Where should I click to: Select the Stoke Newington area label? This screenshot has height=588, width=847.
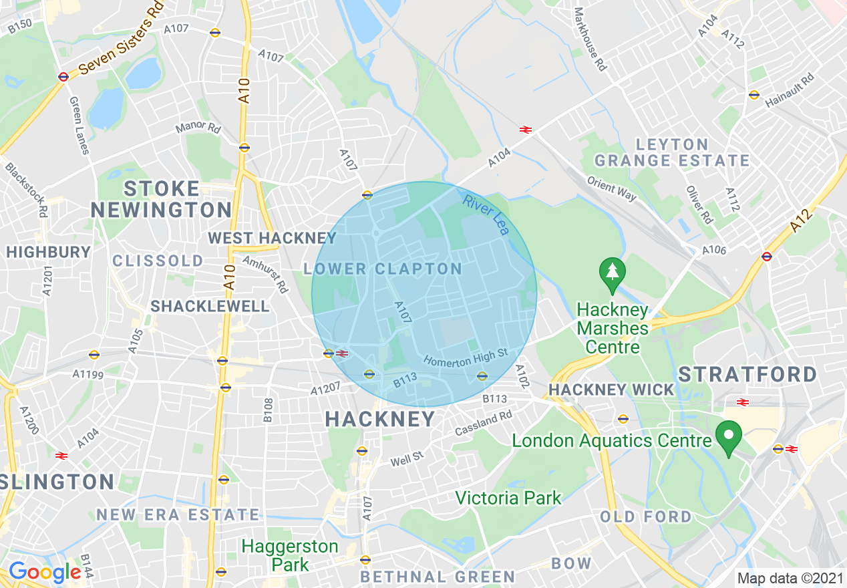[x=161, y=199]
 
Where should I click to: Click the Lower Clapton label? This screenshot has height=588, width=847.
[x=382, y=269]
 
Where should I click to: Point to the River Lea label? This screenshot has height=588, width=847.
[x=485, y=214]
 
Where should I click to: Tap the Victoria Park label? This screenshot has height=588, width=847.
[x=508, y=498]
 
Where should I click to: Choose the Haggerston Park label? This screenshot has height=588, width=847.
[x=290, y=555]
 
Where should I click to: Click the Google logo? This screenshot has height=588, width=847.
[x=45, y=572]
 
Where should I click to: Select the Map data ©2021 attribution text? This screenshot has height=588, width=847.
[x=790, y=577]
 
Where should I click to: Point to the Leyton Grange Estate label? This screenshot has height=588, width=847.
[x=672, y=152]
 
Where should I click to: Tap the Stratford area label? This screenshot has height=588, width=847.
[x=747, y=374]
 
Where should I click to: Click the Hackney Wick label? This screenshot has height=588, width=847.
[x=611, y=390]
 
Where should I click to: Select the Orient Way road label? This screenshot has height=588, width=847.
[x=611, y=188]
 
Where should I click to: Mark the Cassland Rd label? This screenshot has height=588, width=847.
[x=483, y=424]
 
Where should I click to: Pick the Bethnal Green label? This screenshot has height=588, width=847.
[x=438, y=577]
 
